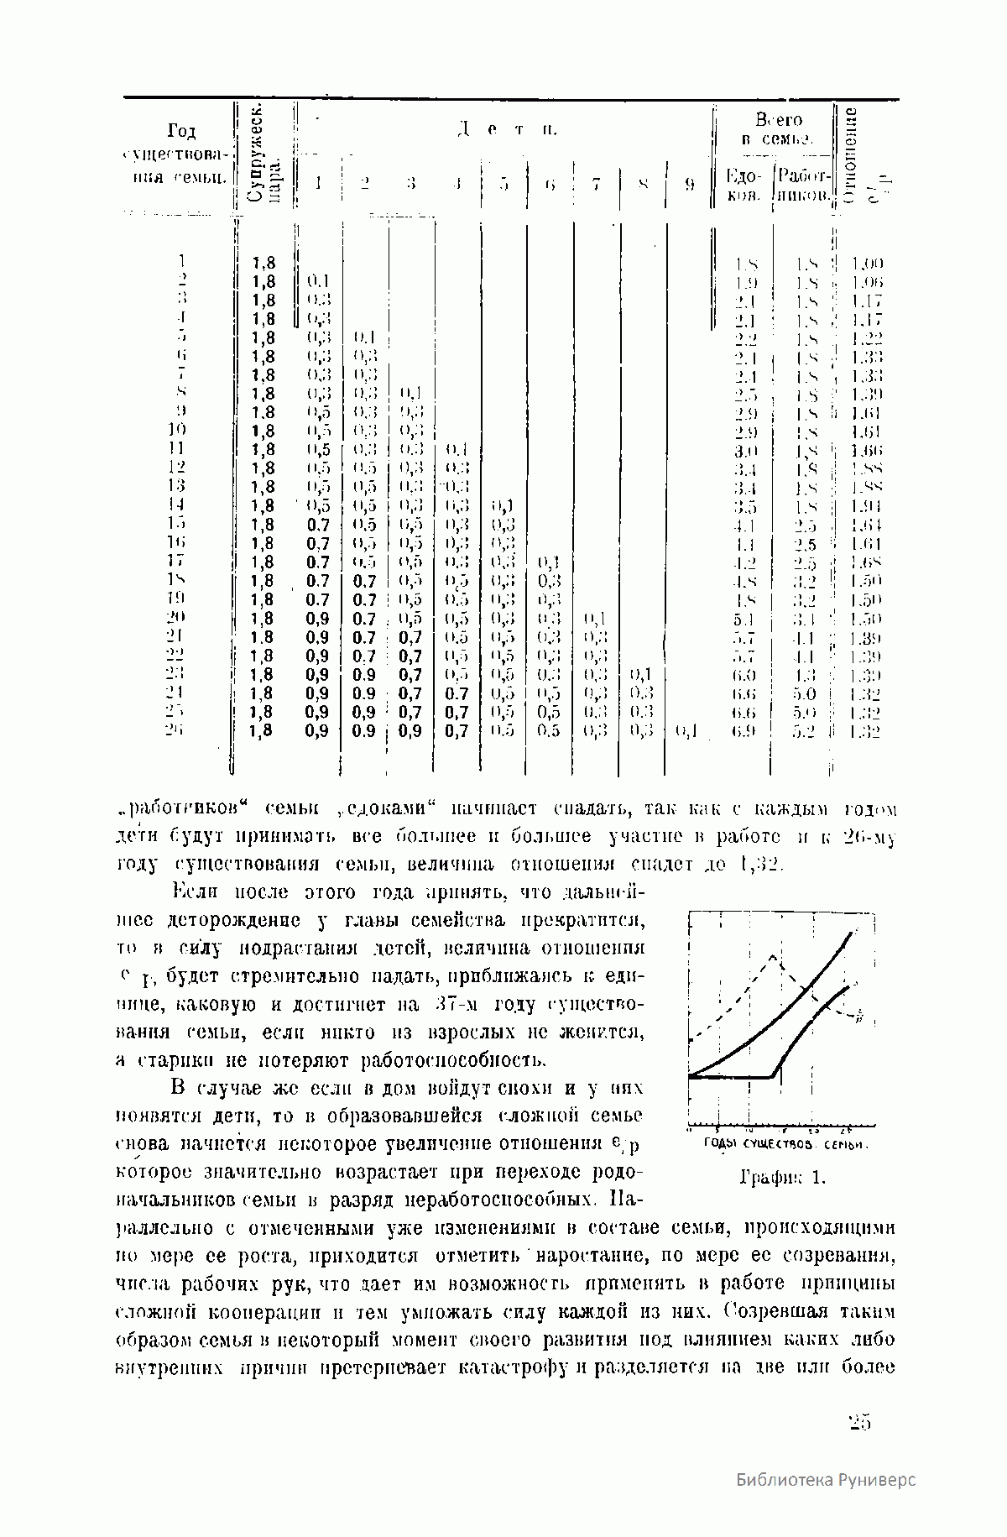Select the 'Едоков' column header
(743, 186)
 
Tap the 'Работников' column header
(803, 186)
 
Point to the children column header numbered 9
(688, 185)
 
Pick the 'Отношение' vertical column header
(851, 156)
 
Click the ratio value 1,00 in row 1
(867, 264)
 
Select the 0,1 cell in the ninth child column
(687, 731)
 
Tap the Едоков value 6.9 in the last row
(744, 731)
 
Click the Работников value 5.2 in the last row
(804, 731)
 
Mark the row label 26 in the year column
(175, 730)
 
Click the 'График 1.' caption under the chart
(782, 1178)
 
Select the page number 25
(859, 1421)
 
